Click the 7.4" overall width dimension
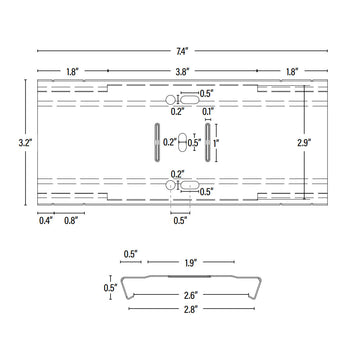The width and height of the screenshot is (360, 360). click(x=181, y=49)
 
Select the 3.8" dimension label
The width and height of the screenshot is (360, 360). click(x=181, y=72)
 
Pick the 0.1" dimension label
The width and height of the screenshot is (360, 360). click(x=207, y=112)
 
